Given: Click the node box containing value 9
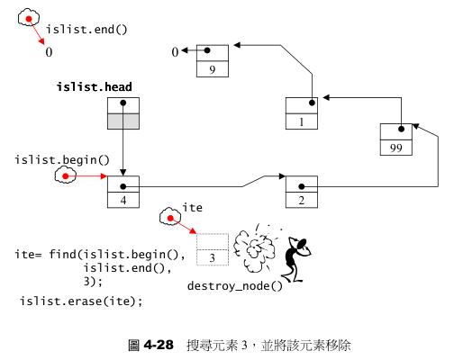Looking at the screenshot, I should (x=212, y=68).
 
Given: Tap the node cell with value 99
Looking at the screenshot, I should (x=396, y=148).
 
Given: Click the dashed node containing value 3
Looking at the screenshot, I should (x=213, y=258).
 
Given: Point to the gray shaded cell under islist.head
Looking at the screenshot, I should (x=123, y=122).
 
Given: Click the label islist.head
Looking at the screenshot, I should (x=94, y=87).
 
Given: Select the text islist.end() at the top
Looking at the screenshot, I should (x=86, y=29).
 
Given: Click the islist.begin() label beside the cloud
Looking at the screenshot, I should (x=61, y=160).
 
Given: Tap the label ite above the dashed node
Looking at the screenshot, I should (x=192, y=208).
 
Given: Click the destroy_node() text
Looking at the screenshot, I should (x=234, y=285).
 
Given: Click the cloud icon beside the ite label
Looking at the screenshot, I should (x=168, y=217).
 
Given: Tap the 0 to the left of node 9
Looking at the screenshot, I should (x=176, y=53).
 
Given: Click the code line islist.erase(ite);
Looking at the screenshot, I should (x=81, y=300).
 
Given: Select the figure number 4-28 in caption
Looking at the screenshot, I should (x=157, y=345).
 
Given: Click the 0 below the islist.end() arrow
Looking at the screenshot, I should (x=50, y=53).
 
